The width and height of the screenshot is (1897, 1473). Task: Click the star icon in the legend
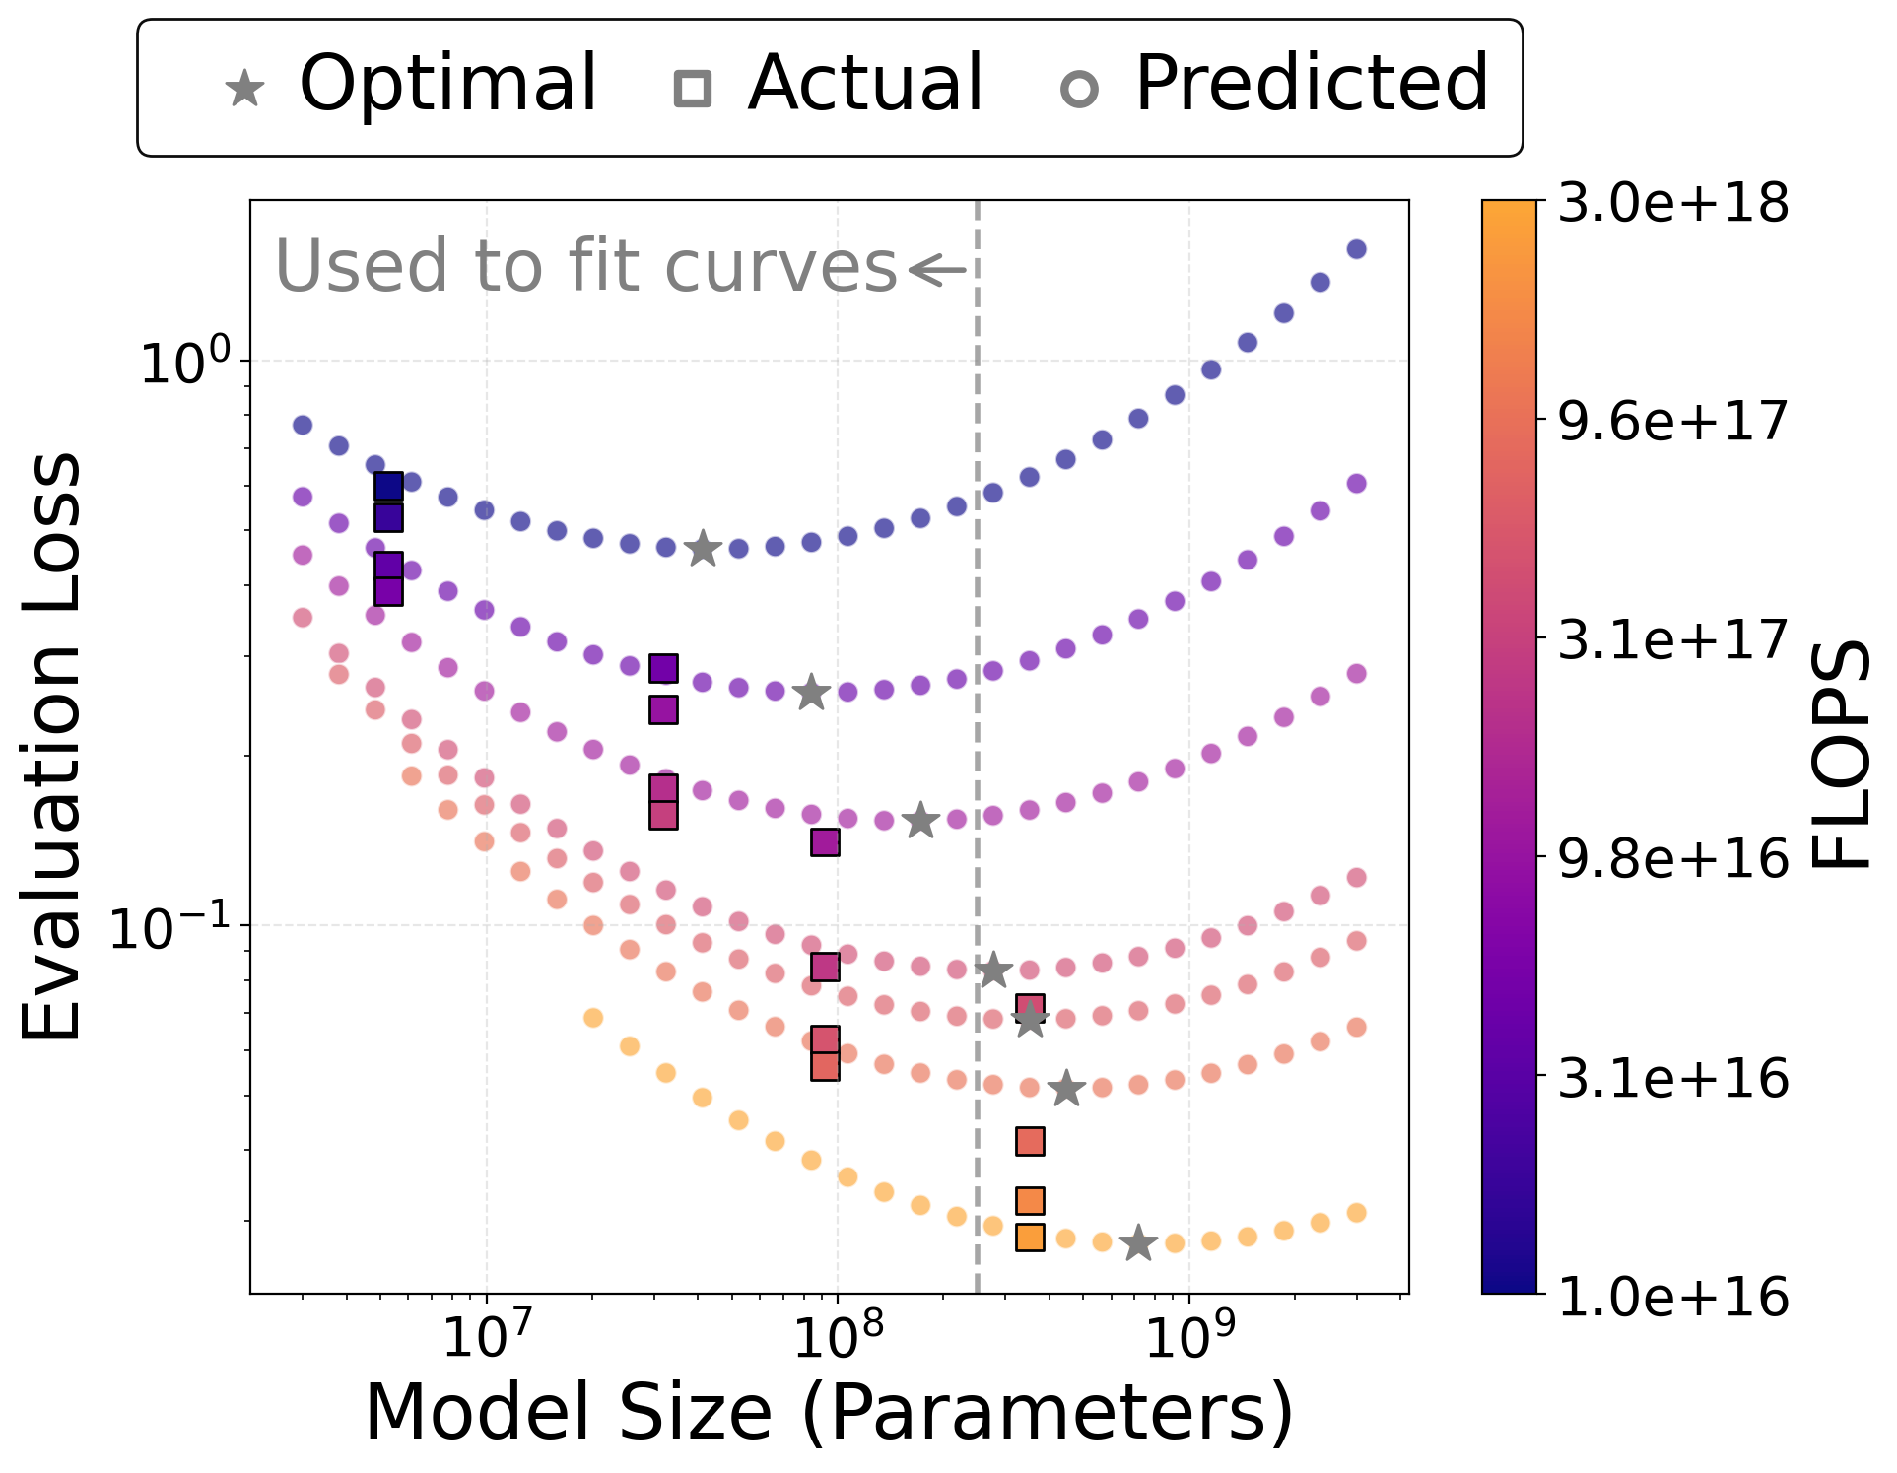click(x=245, y=89)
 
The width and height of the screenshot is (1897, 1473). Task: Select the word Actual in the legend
click(x=865, y=83)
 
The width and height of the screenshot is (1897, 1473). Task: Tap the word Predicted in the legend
click(x=1311, y=83)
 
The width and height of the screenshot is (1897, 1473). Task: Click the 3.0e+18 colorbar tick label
click(x=1672, y=204)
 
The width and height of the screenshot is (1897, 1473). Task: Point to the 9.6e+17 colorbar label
click(x=1672, y=422)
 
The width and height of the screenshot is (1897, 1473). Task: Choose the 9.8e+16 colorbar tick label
click(x=1672, y=859)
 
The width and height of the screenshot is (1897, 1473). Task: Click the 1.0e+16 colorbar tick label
click(x=1672, y=1297)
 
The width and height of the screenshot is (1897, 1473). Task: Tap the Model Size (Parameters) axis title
click(x=829, y=1413)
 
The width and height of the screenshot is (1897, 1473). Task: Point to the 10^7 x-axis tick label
click(x=487, y=1338)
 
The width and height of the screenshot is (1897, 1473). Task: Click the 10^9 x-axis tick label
click(x=1189, y=1338)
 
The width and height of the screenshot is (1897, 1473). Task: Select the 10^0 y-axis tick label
click(x=185, y=361)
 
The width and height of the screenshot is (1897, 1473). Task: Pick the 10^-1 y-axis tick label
click(x=169, y=926)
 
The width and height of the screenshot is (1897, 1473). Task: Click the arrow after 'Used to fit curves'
click(x=937, y=269)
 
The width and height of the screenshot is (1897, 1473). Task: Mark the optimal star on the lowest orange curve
click(x=1138, y=1243)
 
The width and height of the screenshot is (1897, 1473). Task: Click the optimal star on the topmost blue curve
click(x=703, y=548)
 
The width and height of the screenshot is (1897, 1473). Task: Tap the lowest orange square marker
click(x=1030, y=1237)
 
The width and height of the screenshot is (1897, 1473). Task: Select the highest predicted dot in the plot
click(x=1356, y=249)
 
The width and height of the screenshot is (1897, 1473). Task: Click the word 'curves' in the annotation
click(x=780, y=267)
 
